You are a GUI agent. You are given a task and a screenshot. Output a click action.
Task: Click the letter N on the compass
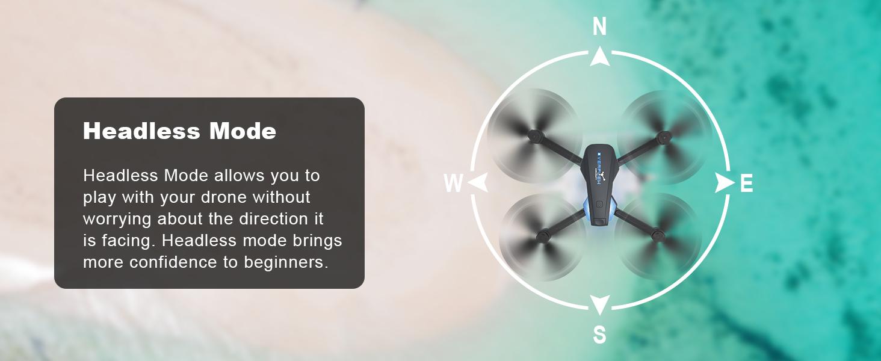click(x=599, y=27)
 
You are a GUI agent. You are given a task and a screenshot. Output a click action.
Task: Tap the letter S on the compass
click(x=599, y=335)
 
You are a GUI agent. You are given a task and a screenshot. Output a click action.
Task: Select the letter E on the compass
click(x=746, y=184)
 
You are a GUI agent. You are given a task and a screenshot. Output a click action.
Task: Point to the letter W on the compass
click(x=453, y=184)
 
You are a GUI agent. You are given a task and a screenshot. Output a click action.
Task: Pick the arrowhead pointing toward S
click(x=599, y=304)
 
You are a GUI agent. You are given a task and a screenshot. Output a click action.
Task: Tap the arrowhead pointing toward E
click(x=724, y=183)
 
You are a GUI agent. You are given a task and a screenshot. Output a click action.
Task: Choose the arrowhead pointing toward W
click(x=477, y=183)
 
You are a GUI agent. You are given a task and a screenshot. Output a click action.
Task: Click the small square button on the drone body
click(x=599, y=204)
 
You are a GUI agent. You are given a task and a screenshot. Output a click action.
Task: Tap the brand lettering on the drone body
click(x=599, y=168)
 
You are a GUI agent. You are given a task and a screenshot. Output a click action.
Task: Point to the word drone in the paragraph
click(x=219, y=197)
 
